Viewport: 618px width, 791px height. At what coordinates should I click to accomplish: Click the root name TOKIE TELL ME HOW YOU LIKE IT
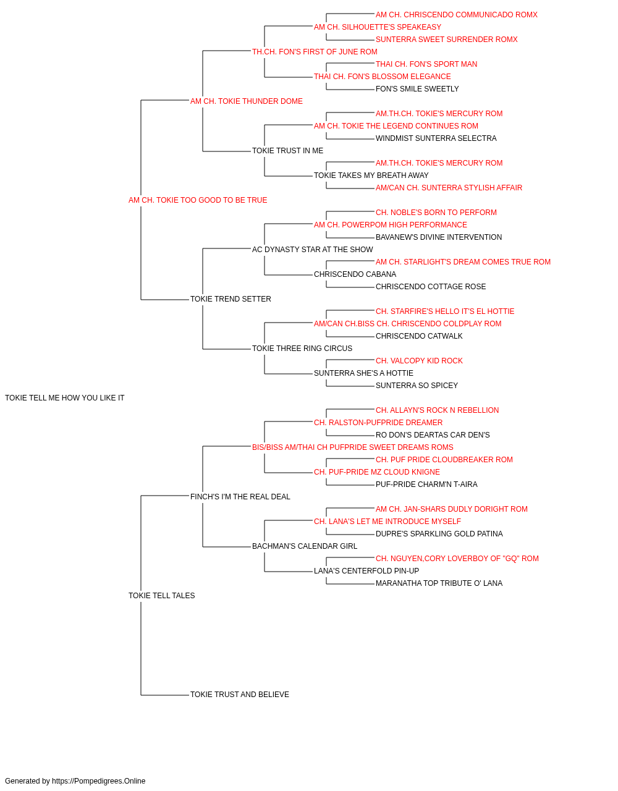point(64,398)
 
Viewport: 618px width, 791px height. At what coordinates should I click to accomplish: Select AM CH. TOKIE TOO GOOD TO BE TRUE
point(198,200)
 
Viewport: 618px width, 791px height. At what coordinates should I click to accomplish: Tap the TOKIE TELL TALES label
point(161,596)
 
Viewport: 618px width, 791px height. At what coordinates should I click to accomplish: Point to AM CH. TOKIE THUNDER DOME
point(247,101)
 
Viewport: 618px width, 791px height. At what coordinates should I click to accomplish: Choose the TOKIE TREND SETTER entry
point(231,299)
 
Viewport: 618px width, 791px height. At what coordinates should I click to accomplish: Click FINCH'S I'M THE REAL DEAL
point(240,496)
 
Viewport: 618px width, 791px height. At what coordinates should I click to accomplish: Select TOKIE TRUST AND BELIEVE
point(240,694)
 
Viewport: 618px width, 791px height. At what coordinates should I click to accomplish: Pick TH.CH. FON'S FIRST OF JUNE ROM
point(315,52)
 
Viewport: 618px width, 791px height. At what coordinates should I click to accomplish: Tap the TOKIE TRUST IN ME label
point(287,151)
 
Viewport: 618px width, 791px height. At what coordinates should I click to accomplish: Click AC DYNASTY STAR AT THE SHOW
point(313,249)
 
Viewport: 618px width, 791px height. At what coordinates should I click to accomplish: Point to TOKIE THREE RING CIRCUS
point(302,349)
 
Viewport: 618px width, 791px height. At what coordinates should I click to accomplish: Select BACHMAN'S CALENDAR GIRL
point(305,546)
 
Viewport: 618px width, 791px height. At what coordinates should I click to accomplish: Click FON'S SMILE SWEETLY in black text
point(417,89)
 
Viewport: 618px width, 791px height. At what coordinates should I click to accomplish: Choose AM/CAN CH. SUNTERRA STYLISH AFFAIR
point(449,188)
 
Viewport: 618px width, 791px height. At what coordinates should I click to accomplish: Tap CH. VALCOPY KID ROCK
point(419,361)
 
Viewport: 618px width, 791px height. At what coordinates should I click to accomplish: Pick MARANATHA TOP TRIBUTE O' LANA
point(439,583)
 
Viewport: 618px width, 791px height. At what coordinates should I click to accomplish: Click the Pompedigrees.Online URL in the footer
point(99,781)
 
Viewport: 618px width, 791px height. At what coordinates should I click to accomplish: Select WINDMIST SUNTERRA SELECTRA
point(436,138)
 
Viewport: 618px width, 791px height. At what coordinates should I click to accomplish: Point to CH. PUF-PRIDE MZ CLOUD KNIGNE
point(377,472)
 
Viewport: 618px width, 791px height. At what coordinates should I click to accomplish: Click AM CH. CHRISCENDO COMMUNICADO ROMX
point(457,15)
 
